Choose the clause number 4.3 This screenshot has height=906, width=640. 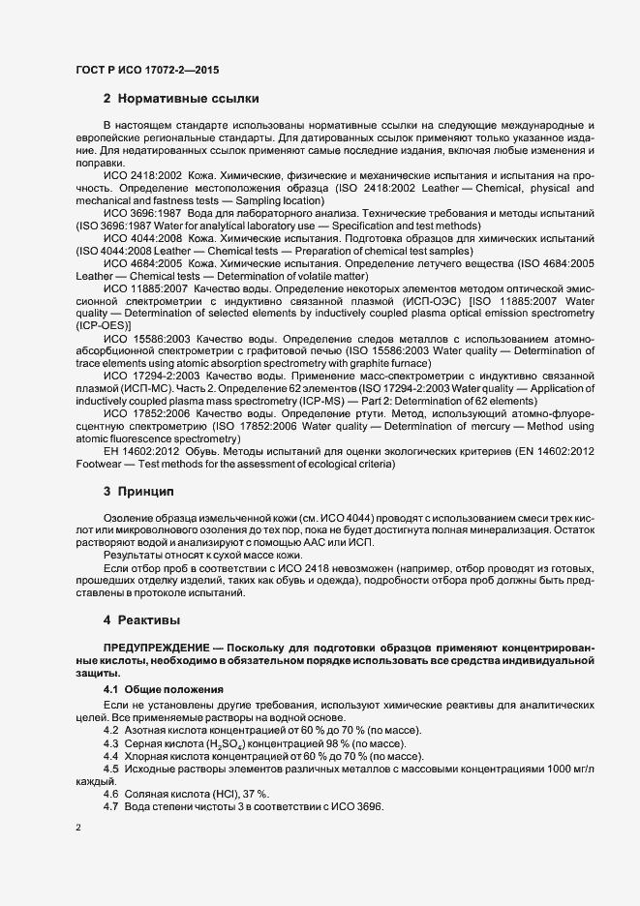tap(110, 740)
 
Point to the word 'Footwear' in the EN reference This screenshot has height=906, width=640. tap(97, 466)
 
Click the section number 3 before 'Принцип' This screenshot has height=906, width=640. tap(107, 492)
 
